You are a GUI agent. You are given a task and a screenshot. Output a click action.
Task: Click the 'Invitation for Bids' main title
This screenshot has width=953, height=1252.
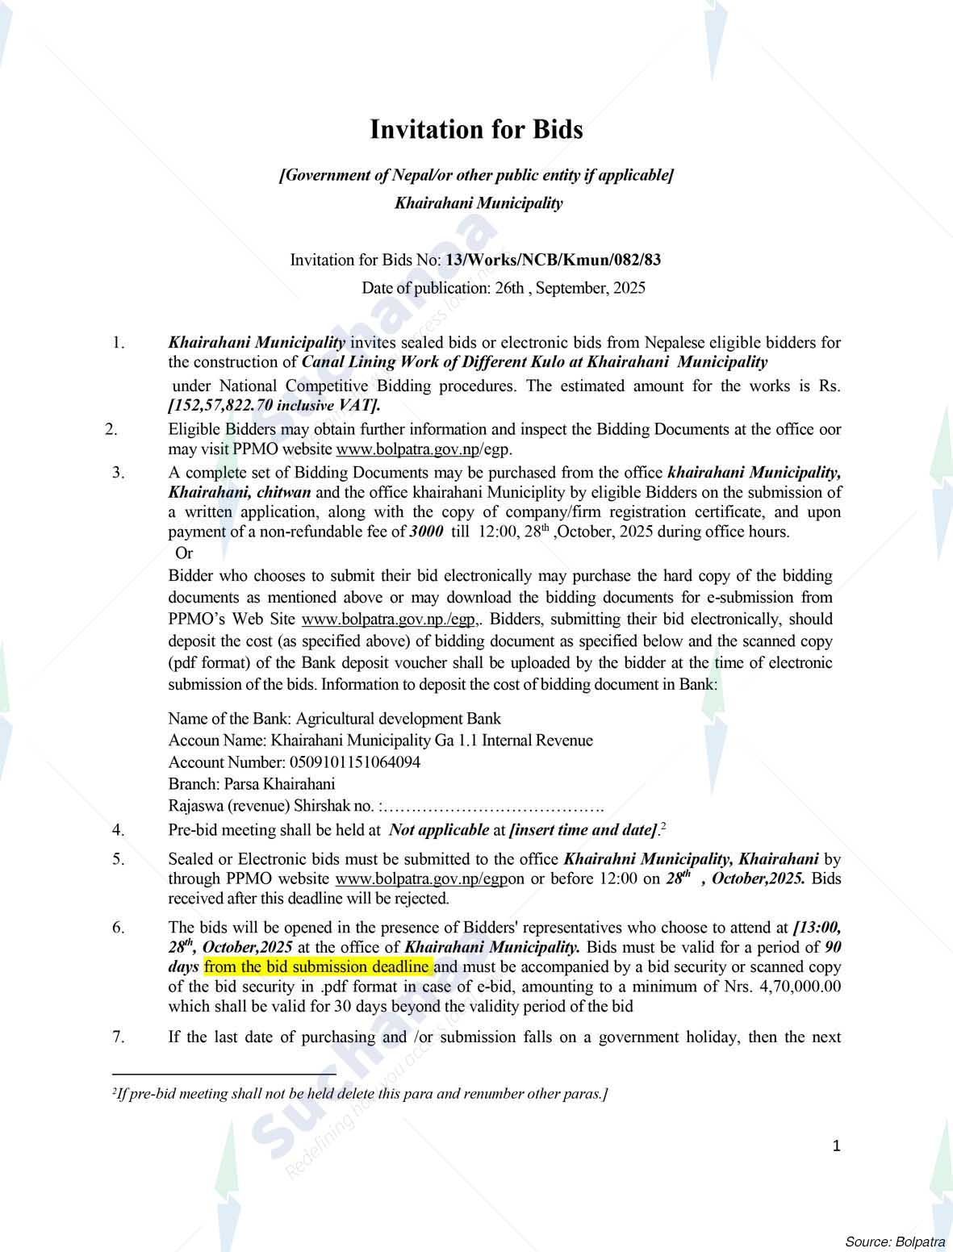[476, 130]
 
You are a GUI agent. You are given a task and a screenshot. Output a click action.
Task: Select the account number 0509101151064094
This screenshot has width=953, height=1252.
[353, 762]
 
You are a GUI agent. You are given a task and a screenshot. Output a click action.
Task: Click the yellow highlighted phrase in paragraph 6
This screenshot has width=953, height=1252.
[319, 966]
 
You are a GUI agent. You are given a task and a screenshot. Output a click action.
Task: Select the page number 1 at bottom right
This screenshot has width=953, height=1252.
[837, 1146]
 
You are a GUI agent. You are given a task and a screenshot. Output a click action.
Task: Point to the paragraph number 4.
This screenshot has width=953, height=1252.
[119, 829]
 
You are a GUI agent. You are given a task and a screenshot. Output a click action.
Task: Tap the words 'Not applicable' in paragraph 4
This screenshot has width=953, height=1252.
[439, 829]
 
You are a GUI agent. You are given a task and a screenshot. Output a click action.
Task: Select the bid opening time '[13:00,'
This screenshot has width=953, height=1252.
[817, 928]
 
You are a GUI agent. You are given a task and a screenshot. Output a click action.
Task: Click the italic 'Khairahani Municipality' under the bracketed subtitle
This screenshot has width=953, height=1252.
[479, 203]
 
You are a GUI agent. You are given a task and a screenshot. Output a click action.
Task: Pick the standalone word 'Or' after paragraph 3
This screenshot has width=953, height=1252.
[184, 553]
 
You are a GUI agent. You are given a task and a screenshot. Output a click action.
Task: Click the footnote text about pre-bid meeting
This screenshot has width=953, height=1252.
[360, 1094]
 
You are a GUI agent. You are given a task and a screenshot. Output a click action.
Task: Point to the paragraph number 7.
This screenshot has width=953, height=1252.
[119, 1037]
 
